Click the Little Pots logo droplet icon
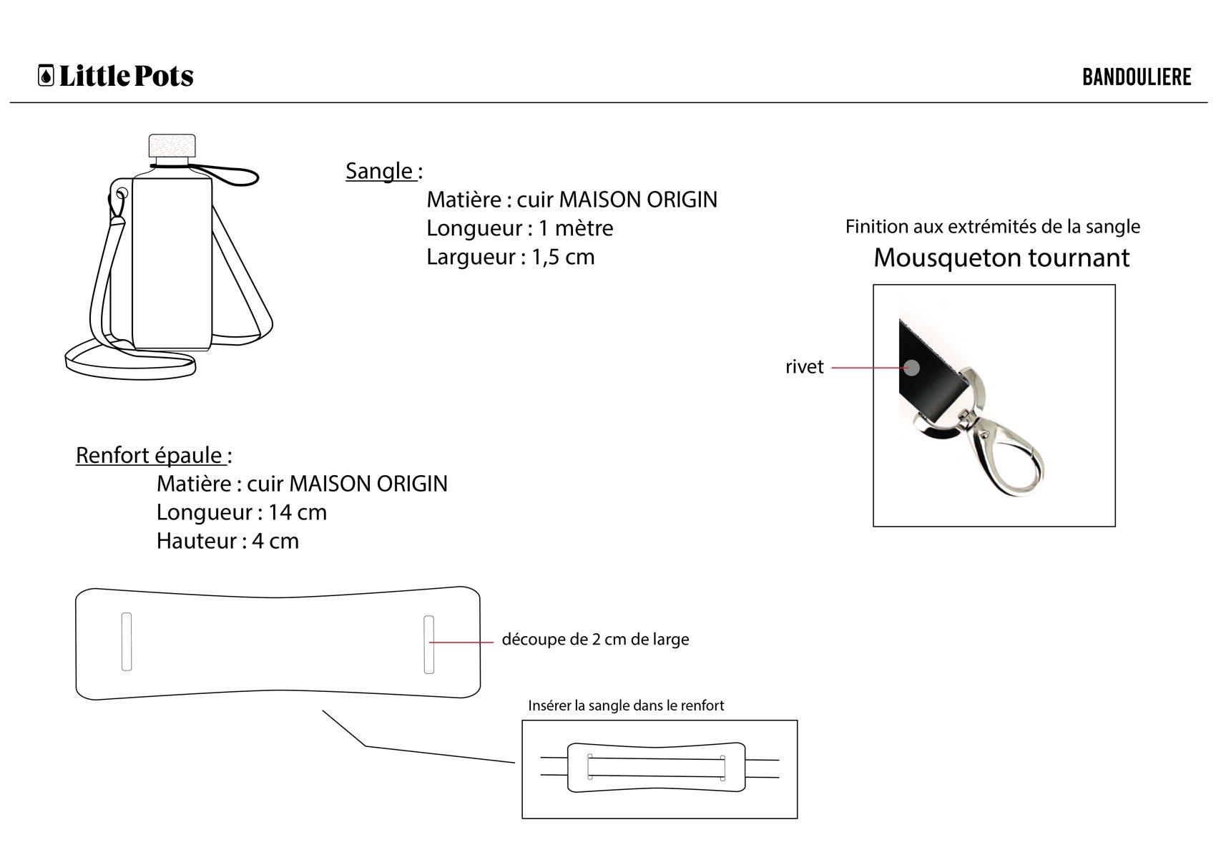coord(46,75)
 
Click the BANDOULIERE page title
coord(1137,77)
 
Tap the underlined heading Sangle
coord(379,171)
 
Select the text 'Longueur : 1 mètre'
coord(519,228)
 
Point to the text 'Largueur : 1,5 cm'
coord(510,257)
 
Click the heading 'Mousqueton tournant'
coord(1001,258)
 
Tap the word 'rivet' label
coord(805,367)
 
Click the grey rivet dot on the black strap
coord(912,368)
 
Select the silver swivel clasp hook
coord(988,440)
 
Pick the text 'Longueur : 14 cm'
coord(242,512)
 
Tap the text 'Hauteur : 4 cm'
coord(227,542)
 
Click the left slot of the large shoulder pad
coord(127,642)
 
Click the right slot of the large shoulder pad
coord(429,645)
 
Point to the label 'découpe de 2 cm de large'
coord(595,640)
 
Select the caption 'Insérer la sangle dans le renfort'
coord(626,705)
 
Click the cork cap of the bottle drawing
coord(172,145)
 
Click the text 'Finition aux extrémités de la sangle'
coord(992,227)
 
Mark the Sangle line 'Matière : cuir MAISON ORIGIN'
coord(572,200)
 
